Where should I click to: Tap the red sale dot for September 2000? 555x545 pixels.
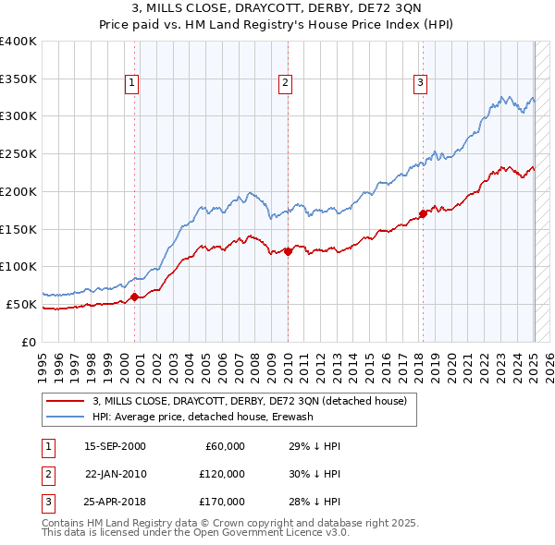135,297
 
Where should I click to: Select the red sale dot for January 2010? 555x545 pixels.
288,250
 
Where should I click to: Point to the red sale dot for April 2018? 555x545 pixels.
423,214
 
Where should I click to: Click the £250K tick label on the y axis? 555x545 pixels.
18,154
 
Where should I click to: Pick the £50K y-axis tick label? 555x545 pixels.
21,304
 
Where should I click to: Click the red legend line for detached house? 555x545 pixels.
65,401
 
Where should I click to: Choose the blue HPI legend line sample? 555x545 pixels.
65,417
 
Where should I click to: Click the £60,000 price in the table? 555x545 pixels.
224,446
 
